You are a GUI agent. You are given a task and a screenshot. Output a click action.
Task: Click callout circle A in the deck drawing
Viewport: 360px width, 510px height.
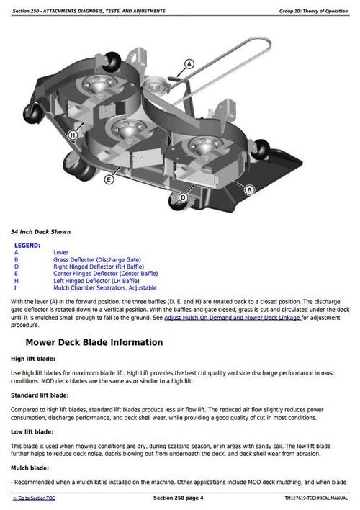190,64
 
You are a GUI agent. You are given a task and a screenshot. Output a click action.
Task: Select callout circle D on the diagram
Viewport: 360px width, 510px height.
183,197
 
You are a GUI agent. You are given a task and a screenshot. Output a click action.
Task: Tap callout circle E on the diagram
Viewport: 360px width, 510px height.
109,179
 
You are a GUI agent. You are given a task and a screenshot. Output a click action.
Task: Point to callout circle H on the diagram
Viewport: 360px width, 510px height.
73,135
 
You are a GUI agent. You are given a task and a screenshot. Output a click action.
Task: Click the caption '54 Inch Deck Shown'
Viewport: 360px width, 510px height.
40,232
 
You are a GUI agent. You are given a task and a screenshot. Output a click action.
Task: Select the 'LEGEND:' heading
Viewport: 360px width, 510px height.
27,246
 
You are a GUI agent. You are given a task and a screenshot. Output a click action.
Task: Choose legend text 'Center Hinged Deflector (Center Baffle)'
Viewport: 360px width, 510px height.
105,273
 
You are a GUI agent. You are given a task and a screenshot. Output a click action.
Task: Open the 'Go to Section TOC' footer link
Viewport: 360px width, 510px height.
36,498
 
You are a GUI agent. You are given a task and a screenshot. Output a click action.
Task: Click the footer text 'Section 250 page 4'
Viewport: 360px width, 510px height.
179,498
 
